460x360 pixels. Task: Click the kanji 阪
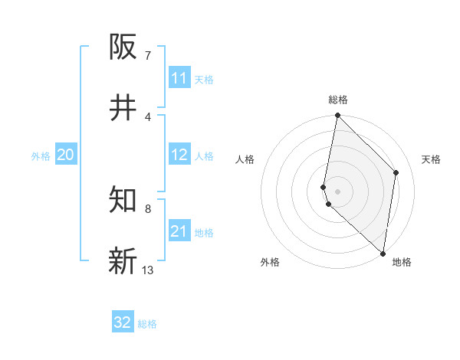(123, 47)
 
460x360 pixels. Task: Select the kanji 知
(123, 201)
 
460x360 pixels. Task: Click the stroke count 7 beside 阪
(147, 56)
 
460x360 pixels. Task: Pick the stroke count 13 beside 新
(147, 270)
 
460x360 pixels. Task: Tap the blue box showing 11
(179, 78)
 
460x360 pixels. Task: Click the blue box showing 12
(179, 155)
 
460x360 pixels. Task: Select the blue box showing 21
(179, 231)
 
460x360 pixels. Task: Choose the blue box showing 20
(66, 155)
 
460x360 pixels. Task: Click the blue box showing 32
(123, 322)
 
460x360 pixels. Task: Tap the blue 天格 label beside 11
(204, 79)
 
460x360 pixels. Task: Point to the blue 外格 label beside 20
(41, 155)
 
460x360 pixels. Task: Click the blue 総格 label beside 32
(147, 324)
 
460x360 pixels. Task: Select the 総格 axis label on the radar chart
(338, 100)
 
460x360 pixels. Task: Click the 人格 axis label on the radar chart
(245, 159)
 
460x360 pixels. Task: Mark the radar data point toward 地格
(383, 254)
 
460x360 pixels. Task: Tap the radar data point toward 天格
(396, 172)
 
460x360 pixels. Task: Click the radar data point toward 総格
(337, 116)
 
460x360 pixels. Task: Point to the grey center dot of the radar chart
(337, 191)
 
